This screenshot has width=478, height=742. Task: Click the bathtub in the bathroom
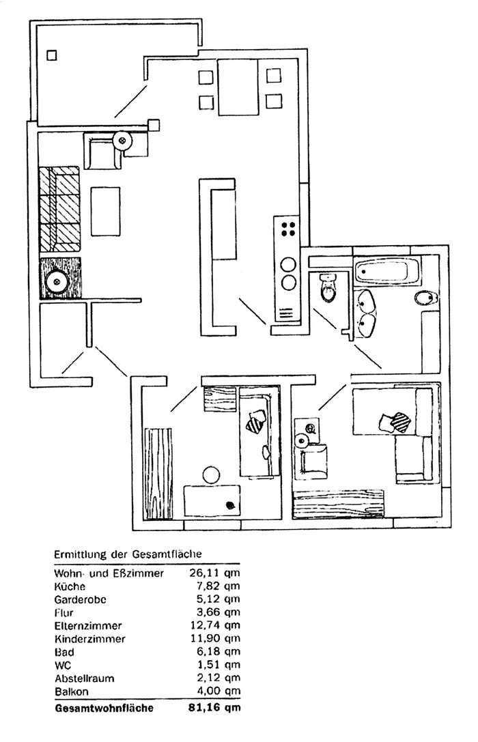pyautogui.click(x=386, y=271)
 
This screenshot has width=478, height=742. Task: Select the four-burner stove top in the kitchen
pyautogui.click(x=287, y=230)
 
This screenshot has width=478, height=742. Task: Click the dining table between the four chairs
pyautogui.click(x=237, y=87)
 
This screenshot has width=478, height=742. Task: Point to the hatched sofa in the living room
pyautogui.click(x=59, y=209)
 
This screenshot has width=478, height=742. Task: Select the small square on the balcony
pyautogui.click(x=52, y=55)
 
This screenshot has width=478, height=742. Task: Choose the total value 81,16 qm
pyautogui.click(x=214, y=708)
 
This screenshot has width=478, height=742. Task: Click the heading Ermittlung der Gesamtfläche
pyautogui.click(x=128, y=554)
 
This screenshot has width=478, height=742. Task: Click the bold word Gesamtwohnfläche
pyautogui.click(x=104, y=708)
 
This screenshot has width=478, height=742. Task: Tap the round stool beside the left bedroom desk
pyautogui.click(x=210, y=473)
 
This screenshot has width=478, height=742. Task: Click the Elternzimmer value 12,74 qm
pyautogui.click(x=214, y=626)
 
